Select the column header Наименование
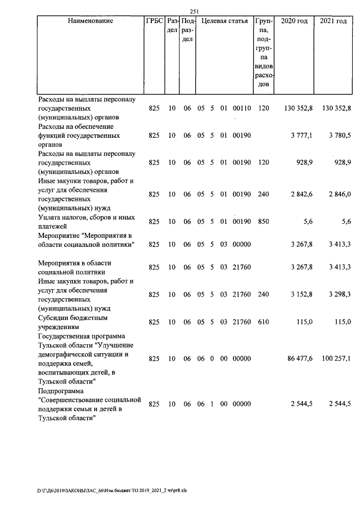90,21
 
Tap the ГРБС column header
154,21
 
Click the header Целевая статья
224,21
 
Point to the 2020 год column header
294,21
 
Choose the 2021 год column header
333,21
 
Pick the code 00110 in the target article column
242,109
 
